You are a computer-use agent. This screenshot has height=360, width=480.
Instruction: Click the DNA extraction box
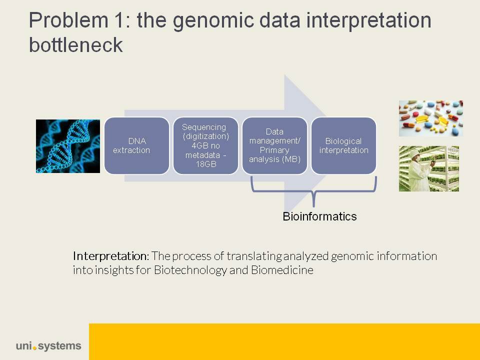[137, 145]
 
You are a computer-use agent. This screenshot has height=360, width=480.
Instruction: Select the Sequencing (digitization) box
[205, 145]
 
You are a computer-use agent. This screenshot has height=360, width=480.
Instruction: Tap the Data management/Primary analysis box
[274, 145]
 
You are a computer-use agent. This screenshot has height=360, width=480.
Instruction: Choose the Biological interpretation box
[344, 145]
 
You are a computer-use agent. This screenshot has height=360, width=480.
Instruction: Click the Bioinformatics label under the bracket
[319, 216]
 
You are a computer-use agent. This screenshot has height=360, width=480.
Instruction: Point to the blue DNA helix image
[68, 146]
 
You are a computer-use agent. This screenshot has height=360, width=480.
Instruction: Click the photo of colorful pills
[430, 118]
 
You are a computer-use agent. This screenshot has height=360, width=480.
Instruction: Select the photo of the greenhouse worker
[429, 168]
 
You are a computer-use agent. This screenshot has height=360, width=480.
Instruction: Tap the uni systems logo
[48, 346]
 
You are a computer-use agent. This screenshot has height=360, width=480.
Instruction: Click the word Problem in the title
[69, 20]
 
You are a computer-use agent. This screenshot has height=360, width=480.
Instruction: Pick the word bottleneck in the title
[76, 45]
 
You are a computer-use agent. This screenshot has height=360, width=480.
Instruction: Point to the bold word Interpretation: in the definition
[111, 256]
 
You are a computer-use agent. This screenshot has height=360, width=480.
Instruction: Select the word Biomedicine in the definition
[282, 270]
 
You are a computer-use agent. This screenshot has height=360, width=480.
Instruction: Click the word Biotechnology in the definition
[190, 270]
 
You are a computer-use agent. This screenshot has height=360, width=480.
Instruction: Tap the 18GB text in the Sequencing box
[205, 164]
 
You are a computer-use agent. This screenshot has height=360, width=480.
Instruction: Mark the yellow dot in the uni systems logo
[34, 348]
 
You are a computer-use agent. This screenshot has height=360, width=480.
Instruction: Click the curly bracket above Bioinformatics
[313, 191]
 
